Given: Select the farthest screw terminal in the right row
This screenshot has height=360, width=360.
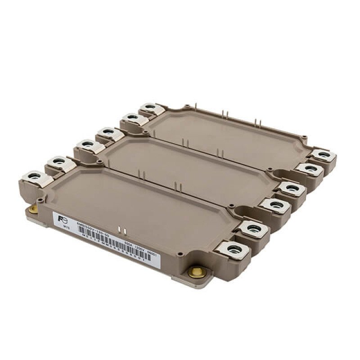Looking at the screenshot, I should coord(323,155).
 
